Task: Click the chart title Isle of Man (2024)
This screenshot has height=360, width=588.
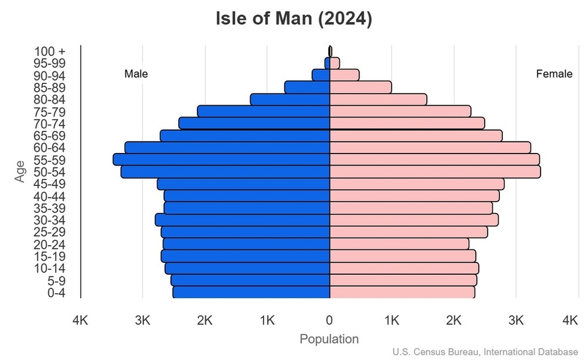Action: point(294,19)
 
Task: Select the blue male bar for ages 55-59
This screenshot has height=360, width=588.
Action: point(222,160)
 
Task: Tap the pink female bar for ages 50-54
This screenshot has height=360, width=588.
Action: point(435,172)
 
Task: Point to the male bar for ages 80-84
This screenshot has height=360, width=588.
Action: point(290,100)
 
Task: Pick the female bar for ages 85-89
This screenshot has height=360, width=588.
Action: point(361,88)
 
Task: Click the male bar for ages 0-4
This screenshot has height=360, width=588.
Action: point(251,292)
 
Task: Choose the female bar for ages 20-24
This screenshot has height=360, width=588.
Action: point(399,244)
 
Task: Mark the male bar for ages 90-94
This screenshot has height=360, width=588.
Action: point(321,75)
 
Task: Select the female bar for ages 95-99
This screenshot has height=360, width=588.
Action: point(335,63)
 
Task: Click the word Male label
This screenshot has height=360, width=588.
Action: point(136,74)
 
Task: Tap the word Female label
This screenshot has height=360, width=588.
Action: point(554,74)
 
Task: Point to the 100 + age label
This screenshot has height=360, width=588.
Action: point(50,52)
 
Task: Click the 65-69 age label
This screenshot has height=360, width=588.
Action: point(49,136)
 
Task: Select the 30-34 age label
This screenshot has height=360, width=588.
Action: point(49,220)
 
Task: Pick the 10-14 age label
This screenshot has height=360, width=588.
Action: point(49,268)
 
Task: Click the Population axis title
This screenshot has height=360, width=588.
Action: point(329,339)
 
